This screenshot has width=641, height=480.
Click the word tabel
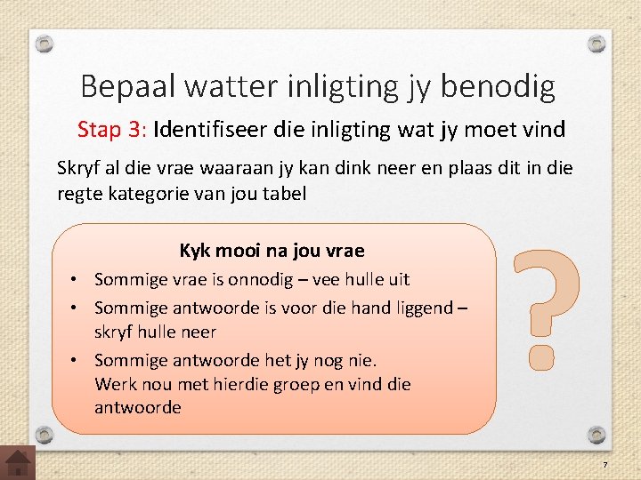tap(284, 193)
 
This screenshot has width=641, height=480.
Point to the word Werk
tap(114, 385)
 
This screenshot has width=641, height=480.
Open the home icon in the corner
tap(18, 462)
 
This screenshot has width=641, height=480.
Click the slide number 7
tap(604, 466)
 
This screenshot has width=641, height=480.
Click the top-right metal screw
tap(597, 43)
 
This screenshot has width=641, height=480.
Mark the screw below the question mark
tap(597, 433)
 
